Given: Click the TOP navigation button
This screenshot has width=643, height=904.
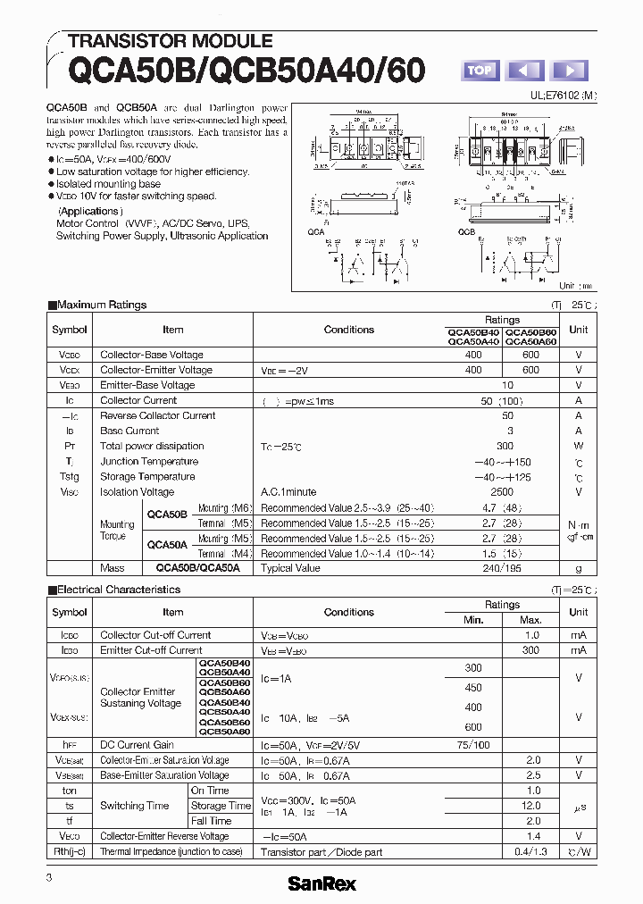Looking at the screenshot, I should click(x=480, y=71).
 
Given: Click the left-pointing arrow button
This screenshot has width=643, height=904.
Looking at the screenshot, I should click(x=525, y=71).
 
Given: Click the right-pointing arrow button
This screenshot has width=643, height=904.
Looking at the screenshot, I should click(x=569, y=71).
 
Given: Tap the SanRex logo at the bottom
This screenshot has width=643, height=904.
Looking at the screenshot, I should click(x=321, y=883).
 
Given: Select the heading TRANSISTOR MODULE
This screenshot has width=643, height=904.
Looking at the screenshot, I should click(x=170, y=41).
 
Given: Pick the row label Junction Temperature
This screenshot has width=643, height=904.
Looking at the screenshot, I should click(x=149, y=462).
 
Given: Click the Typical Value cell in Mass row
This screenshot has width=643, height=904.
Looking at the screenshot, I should click(x=290, y=568).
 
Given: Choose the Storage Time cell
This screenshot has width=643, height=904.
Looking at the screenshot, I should click(x=221, y=806).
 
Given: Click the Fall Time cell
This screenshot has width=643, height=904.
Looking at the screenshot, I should click(x=212, y=821).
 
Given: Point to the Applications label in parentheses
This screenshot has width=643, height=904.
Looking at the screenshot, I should click(x=88, y=212).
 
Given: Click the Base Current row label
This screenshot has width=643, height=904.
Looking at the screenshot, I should click(x=129, y=431).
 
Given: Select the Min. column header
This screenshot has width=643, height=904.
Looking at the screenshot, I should click(x=473, y=620).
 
